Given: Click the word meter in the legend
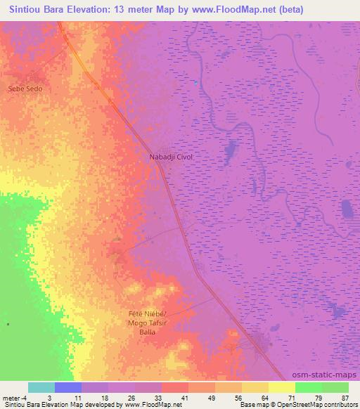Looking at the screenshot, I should point(11,398).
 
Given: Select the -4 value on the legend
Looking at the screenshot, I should point(25,398).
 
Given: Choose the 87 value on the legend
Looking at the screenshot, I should point(345,398).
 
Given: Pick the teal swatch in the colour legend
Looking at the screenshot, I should point(41,387).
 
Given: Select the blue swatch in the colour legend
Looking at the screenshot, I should point(68,387).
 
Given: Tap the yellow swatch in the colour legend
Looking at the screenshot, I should point(282,387).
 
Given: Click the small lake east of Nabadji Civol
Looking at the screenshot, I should point(230,149).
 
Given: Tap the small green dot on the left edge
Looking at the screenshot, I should point(8,324).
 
